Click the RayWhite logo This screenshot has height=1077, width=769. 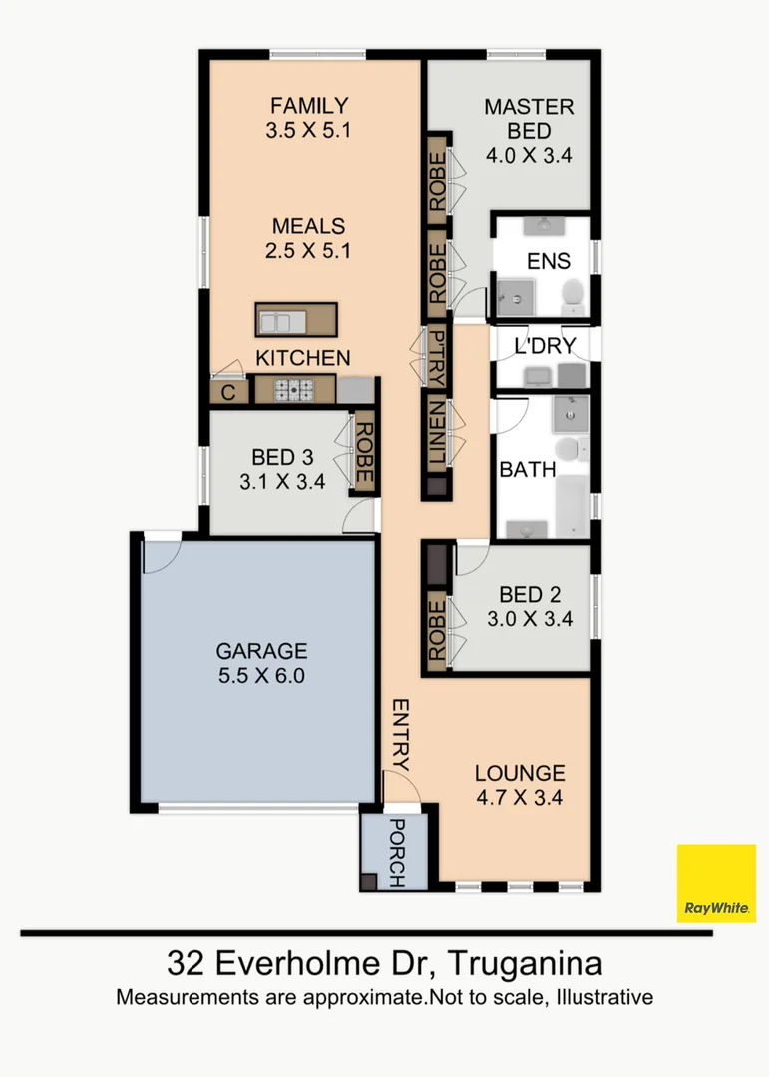tap(716, 884)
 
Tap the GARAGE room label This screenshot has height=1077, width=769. tap(261, 651)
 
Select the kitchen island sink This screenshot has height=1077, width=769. tap(279, 320)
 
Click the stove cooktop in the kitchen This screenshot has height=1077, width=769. tap(294, 390)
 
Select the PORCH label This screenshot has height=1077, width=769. tap(395, 853)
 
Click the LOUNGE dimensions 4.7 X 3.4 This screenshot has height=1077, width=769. tap(519, 797)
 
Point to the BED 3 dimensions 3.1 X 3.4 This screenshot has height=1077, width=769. tap(282, 482)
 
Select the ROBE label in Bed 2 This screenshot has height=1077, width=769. tap(436, 627)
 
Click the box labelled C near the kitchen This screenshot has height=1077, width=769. tap(228, 393)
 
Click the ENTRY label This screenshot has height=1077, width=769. tap(399, 734)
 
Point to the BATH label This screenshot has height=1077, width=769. tap(527, 469)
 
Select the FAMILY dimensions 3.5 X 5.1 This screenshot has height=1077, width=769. tap(309, 129)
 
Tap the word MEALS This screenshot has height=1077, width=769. tap(308, 226)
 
